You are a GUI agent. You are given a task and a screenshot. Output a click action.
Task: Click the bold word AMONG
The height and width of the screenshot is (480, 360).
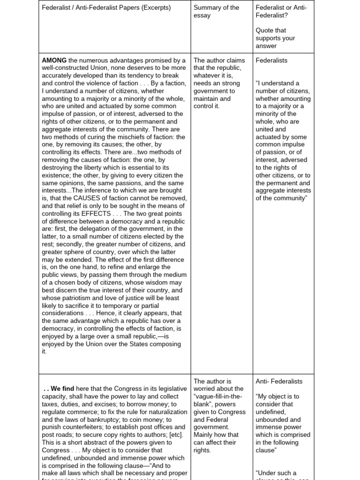point(54,60)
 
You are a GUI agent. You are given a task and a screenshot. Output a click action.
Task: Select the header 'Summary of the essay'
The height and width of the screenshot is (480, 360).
point(216,11)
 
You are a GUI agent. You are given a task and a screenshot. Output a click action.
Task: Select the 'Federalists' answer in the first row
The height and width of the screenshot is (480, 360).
point(271,60)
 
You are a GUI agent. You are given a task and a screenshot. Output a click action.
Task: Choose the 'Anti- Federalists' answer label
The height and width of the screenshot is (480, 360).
point(279,381)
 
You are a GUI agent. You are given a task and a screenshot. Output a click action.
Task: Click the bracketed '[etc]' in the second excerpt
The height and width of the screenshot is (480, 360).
point(174,435)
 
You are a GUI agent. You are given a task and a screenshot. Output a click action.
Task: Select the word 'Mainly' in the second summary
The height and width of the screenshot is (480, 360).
point(204,435)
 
